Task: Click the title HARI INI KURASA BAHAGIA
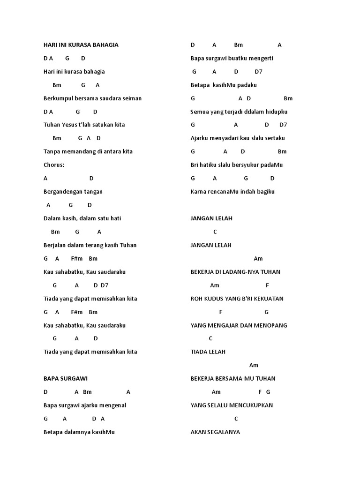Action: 81,45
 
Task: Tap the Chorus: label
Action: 54,165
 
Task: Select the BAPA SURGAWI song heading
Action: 65,378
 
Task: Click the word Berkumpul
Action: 57,98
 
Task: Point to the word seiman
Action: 133,98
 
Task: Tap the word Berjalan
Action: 54,245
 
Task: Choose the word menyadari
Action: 226,138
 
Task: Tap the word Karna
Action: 199,192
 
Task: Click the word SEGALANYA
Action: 223,432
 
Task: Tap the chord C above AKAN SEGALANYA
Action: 236,419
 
